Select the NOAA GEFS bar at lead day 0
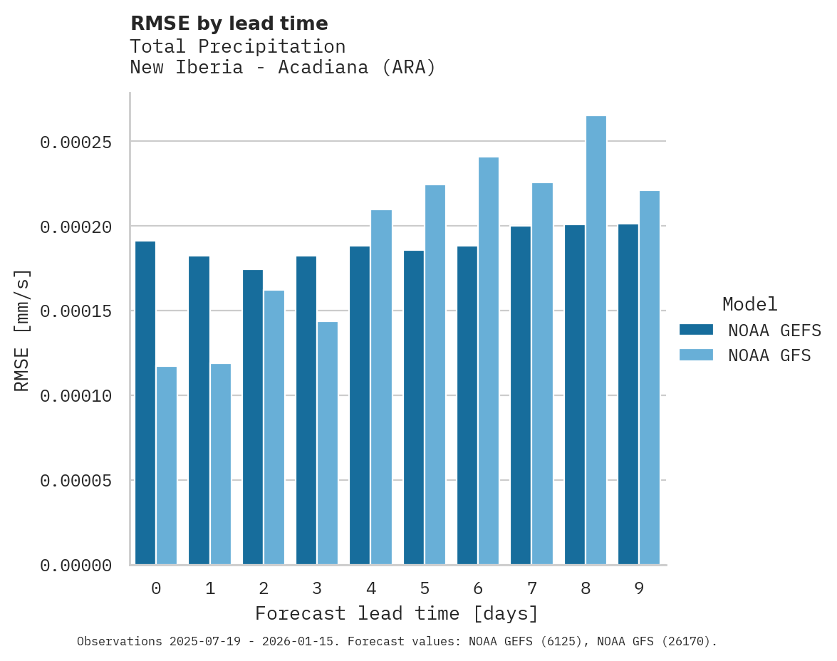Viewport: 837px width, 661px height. [x=145, y=403]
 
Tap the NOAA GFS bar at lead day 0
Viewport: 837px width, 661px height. [x=167, y=466]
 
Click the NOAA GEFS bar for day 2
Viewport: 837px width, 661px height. [x=253, y=417]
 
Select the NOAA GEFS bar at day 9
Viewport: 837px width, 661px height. [x=628, y=395]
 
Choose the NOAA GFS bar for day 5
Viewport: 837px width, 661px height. [x=435, y=375]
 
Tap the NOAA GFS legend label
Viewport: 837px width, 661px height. [x=769, y=355]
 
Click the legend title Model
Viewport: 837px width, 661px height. [x=749, y=304]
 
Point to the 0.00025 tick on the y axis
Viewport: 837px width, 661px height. [x=76, y=142]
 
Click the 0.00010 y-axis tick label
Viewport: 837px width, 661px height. [x=76, y=396]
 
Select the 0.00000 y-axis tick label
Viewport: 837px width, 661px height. [x=76, y=566]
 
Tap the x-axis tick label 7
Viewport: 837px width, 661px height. [x=531, y=588]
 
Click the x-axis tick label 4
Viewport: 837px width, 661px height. [x=370, y=588]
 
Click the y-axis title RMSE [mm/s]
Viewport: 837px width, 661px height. [x=22, y=330]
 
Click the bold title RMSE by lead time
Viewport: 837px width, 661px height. [x=229, y=24]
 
